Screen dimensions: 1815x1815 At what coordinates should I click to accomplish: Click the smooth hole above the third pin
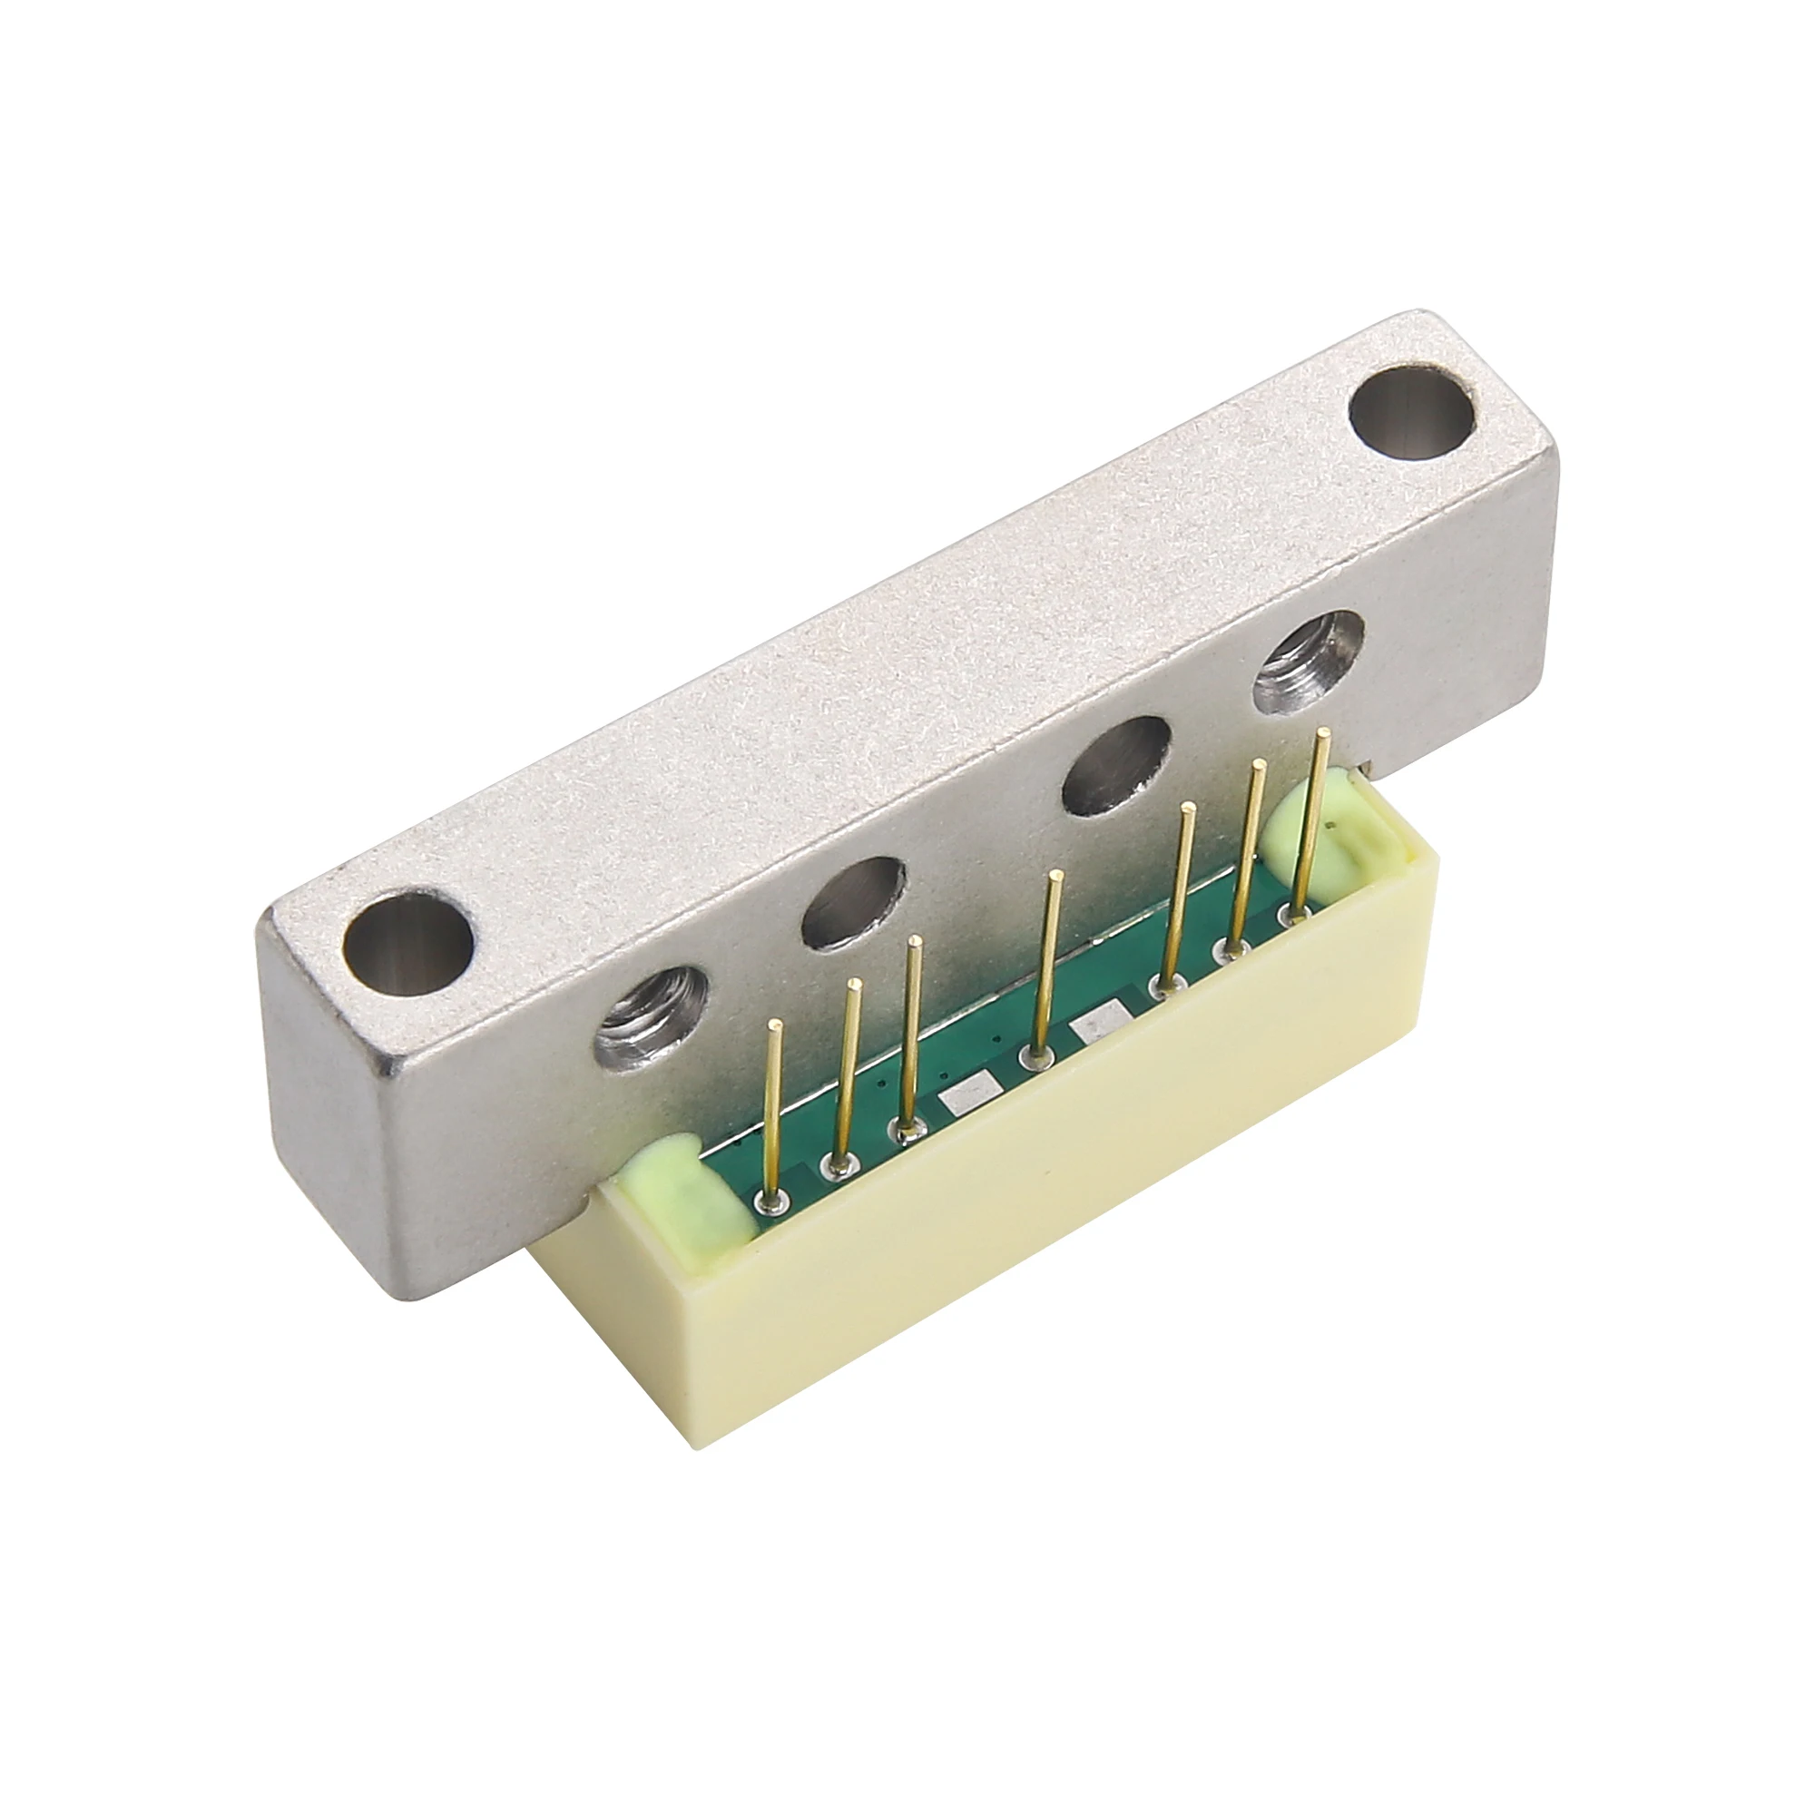coord(852,899)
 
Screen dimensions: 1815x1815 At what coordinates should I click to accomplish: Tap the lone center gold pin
coord(1045,986)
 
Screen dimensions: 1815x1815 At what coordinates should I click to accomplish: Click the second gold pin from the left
coord(844,1080)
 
